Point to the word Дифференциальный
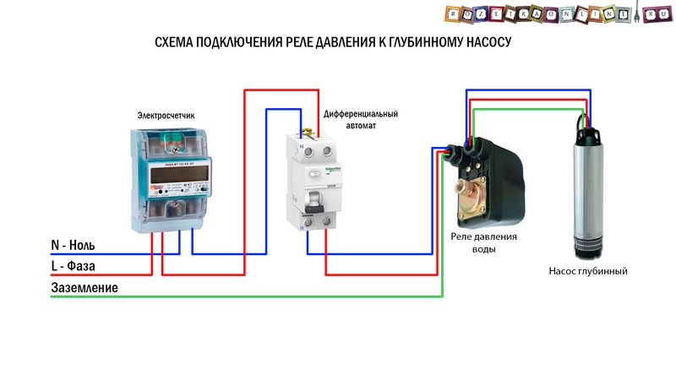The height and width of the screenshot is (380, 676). [360, 113]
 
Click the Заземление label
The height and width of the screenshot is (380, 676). [84, 288]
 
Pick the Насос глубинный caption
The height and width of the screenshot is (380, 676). [588, 272]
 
